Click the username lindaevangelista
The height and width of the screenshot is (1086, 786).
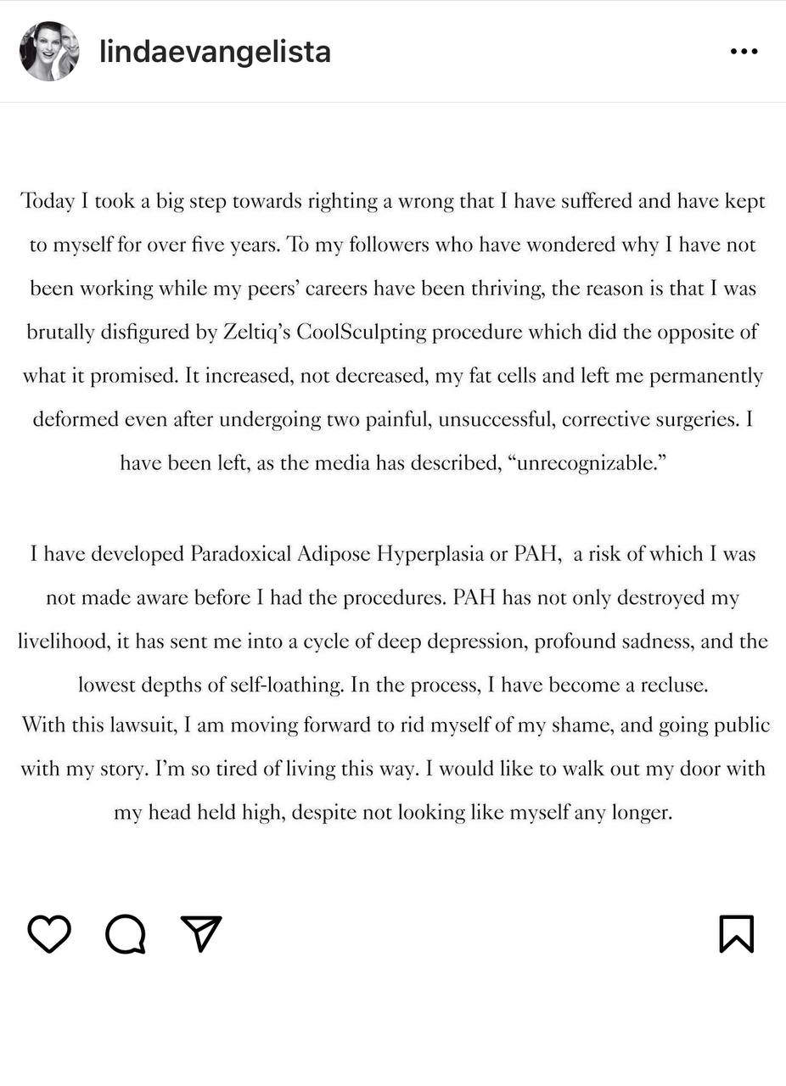click(215, 52)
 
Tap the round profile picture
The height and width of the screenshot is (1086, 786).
click(49, 52)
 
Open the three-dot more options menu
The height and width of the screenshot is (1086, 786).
click(744, 52)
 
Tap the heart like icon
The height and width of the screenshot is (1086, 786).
click(49, 934)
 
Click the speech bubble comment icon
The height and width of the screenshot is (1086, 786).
click(126, 934)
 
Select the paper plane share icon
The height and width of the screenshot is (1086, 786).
click(201, 933)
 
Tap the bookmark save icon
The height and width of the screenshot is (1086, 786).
click(736, 933)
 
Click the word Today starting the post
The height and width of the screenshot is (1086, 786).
click(48, 202)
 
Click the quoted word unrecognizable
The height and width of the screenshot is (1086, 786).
click(587, 464)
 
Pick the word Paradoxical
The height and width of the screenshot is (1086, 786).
click(240, 555)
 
